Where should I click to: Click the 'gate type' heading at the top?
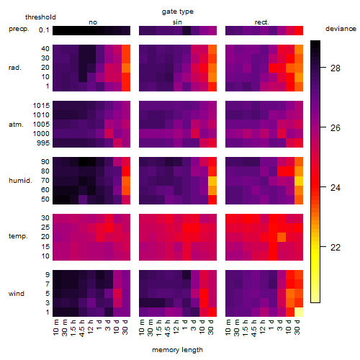[178, 12]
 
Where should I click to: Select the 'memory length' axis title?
[178, 350]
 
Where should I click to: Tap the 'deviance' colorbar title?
[341, 29]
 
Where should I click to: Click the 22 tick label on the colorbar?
[336, 247]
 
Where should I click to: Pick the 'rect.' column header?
[262, 22]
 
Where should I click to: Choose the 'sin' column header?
[177, 22]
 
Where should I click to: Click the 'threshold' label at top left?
[40, 17]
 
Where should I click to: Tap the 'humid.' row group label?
[20, 181]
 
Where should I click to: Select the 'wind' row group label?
[17, 294]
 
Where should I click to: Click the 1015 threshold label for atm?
[41, 106]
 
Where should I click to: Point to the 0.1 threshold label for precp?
[44, 30]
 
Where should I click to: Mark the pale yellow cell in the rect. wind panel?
[299, 312]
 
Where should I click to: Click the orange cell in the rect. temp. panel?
[282, 237]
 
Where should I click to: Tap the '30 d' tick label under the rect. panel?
[297, 327]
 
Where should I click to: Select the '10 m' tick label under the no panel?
[55, 328]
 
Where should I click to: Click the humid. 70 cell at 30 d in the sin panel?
[212, 181]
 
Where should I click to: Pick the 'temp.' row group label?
[18, 236]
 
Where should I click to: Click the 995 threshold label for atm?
[43, 143]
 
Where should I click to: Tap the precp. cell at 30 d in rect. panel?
[299, 30]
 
